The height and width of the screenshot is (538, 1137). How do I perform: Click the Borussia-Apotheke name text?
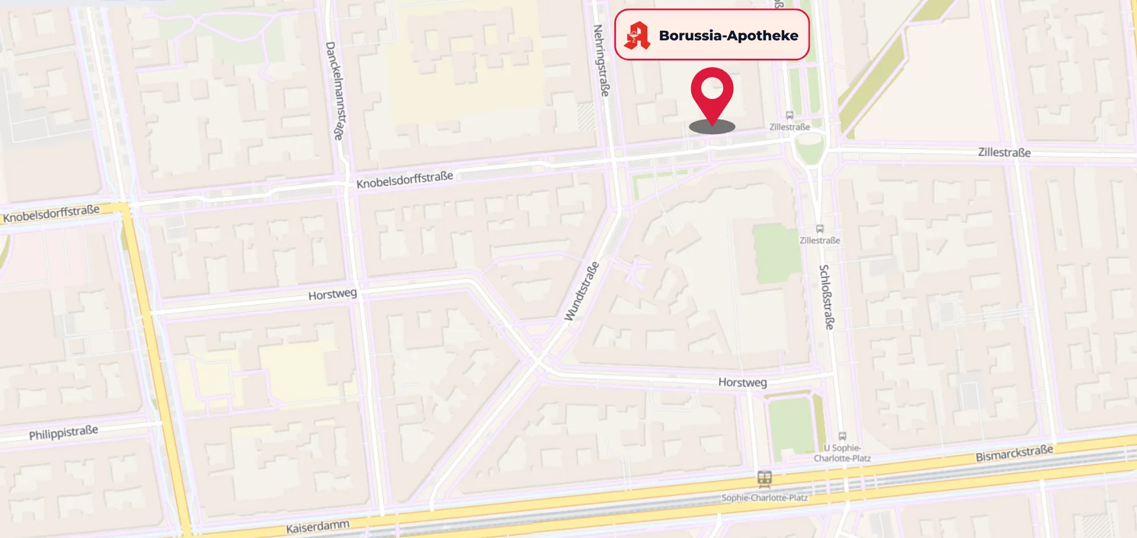tap(729, 36)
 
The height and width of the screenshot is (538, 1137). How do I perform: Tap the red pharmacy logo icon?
tap(637, 36)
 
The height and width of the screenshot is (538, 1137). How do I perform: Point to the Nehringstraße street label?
tap(602, 60)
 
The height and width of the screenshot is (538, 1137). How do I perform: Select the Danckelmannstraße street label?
tap(335, 90)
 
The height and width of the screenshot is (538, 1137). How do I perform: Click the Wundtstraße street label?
tap(582, 292)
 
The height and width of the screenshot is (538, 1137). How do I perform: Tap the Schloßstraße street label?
tap(826, 297)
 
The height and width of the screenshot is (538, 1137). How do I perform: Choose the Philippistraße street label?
tap(63, 432)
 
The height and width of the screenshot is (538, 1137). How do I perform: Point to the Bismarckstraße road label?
tap(1014, 453)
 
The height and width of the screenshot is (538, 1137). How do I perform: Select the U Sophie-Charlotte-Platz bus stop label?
tap(842, 453)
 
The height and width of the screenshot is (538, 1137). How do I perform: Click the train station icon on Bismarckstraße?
tap(764, 479)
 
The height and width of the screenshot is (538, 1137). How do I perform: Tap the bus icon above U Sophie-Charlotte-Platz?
tap(842, 437)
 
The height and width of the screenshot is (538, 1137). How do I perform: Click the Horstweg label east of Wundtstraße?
tap(742, 383)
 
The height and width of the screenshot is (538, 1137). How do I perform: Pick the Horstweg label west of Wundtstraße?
tap(333, 294)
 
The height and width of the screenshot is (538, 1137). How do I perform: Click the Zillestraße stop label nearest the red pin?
tap(789, 127)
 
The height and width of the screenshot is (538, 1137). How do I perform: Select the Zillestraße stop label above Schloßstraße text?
tap(820, 240)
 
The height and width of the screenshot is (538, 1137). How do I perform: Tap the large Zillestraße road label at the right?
tap(1004, 152)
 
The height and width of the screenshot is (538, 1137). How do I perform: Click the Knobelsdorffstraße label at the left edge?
tap(52, 214)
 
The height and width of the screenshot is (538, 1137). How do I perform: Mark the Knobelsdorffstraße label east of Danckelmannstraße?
tap(405, 180)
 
